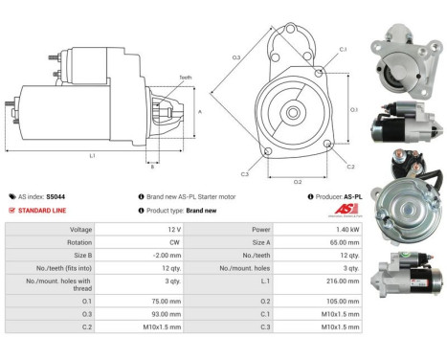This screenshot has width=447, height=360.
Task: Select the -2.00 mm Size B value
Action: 168,256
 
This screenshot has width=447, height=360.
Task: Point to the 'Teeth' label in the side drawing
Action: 184,78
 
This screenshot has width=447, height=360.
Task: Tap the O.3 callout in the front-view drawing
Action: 236,59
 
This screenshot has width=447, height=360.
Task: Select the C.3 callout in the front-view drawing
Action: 245,173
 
